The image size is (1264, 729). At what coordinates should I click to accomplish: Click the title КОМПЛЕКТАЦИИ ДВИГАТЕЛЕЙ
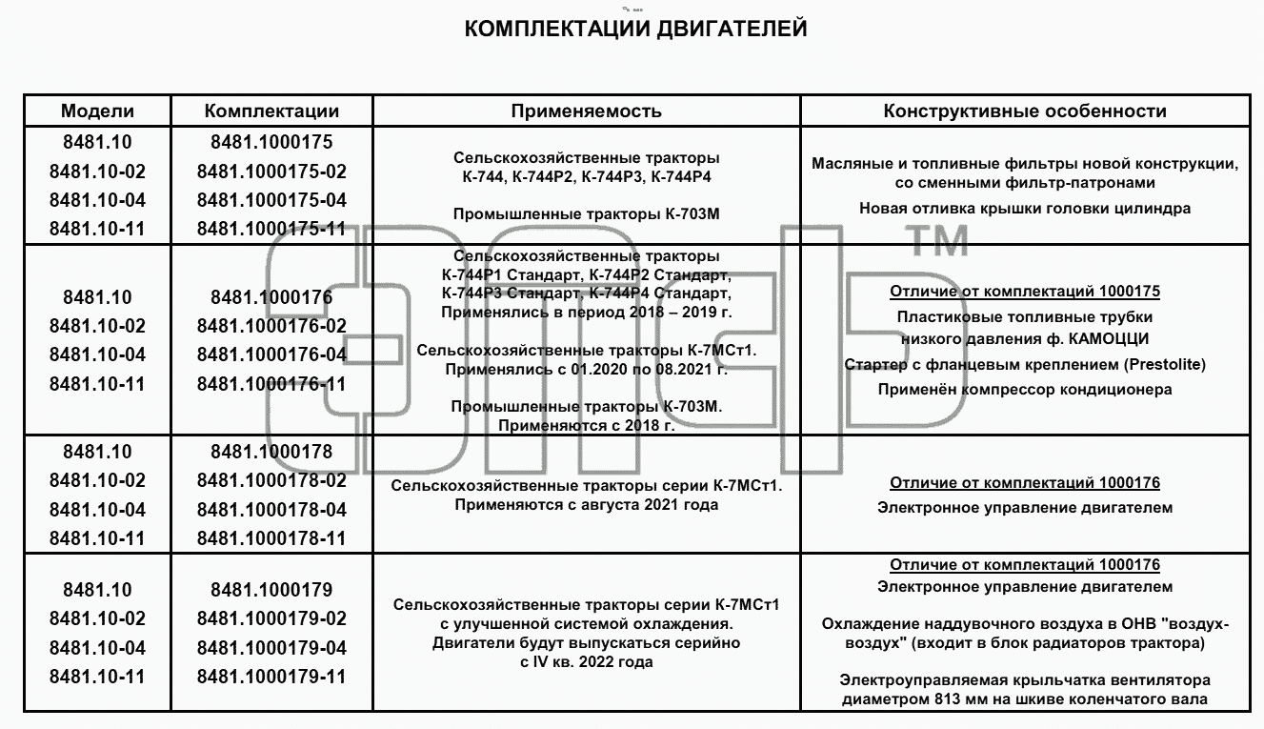tap(635, 29)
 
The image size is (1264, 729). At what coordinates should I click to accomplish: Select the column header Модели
tap(97, 111)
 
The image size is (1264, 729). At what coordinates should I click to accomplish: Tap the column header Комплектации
tap(271, 111)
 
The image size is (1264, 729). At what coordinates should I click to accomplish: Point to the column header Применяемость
tap(587, 111)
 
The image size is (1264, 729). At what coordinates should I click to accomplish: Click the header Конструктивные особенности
tap(1025, 111)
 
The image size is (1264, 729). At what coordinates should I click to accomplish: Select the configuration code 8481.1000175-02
tap(271, 172)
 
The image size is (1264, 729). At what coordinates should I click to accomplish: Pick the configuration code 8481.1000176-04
tap(271, 354)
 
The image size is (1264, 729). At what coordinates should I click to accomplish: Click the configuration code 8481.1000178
tap(271, 452)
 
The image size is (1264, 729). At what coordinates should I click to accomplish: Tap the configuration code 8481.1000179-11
tap(271, 677)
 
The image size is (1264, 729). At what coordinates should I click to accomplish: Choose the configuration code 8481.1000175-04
tap(271, 200)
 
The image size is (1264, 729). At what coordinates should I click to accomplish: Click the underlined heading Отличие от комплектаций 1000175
tap(1025, 292)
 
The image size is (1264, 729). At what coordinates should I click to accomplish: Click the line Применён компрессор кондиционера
tap(1025, 390)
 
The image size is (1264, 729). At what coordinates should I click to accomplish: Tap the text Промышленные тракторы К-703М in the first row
tap(587, 214)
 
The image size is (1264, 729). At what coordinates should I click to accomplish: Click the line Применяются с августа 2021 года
tap(587, 505)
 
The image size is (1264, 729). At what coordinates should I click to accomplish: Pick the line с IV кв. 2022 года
tap(587, 661)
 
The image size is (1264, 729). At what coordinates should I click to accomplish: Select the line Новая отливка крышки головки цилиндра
tap(1025, 209)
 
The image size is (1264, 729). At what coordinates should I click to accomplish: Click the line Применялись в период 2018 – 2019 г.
tap(587, 313)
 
